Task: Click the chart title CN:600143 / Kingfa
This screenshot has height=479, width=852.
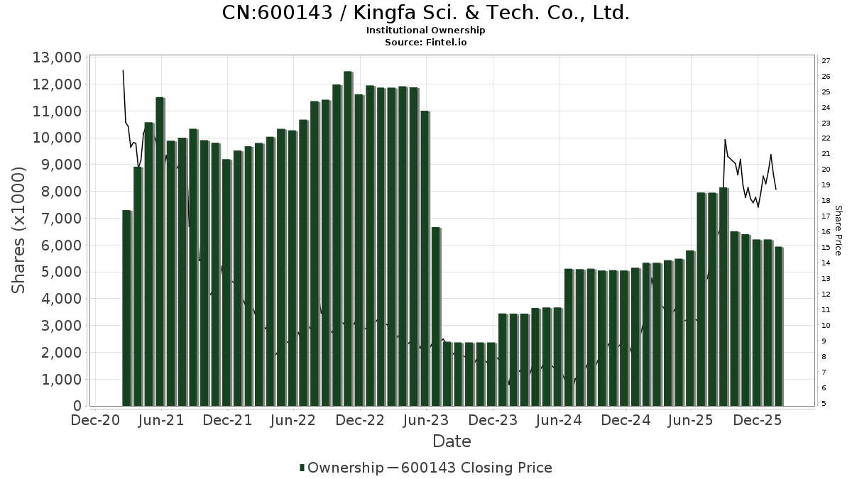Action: point(426,13)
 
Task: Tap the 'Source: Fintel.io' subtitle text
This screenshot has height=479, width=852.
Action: point(426,42)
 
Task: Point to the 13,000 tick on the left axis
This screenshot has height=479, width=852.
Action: point(57,57)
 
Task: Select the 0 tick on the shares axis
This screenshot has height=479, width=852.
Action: point(76,406)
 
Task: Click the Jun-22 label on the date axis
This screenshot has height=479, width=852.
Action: point(294,420)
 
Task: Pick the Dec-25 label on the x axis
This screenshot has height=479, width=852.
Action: point(758,420)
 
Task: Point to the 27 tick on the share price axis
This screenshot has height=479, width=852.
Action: point(826,61)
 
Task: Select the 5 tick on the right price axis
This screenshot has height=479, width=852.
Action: point(824,404)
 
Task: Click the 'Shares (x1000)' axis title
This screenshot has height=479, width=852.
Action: point(19,230)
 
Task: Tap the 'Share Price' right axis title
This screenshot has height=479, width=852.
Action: point(839,230)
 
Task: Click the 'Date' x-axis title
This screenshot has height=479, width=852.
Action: point(452,441)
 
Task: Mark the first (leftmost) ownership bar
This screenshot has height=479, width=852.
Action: point(127,308)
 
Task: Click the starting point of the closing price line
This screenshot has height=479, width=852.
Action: point(123,70)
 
